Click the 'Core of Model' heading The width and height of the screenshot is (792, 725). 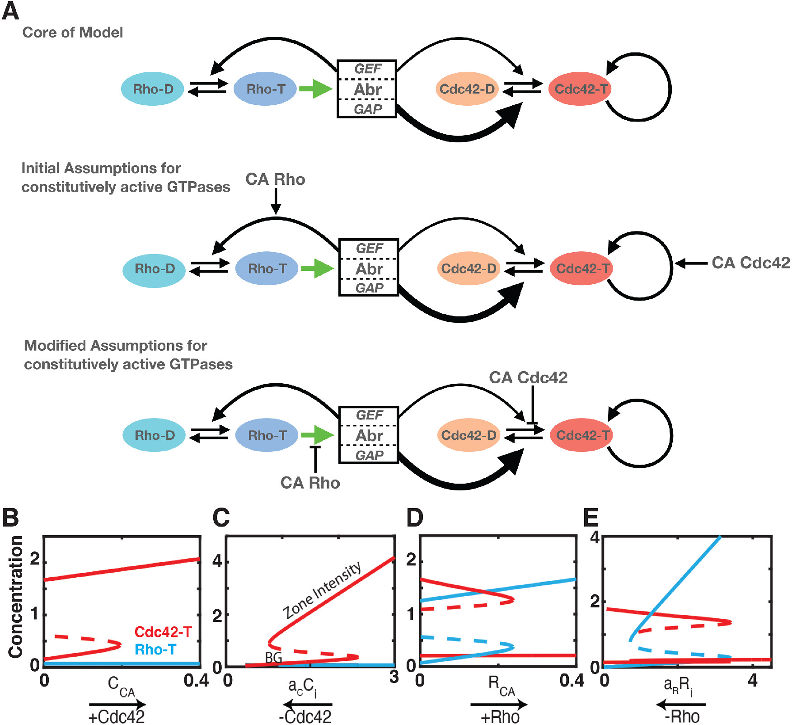tap(72, 33)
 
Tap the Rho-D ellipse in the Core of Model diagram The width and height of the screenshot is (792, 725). tap(153, 89)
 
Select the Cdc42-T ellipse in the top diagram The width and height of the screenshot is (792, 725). tap(581, 89)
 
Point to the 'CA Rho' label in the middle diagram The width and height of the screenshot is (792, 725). tap(275, 179)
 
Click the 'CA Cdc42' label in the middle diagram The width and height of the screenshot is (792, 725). tap(750, 263)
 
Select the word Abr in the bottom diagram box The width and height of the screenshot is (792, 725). tap(369, 436)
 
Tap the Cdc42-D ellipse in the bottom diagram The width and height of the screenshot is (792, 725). tap(469, 435)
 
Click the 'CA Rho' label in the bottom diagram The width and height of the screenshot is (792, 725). tap(310, 483)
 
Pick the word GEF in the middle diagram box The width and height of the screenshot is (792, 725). tap(369, 248)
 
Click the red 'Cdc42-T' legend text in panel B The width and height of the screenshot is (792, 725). tap(163, 631)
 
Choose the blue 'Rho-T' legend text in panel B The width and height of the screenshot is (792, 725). tap(155, 650)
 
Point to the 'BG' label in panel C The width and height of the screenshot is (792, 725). tap(273, 657)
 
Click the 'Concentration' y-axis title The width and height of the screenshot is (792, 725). tap(16, 597)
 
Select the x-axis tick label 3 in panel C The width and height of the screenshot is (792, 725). tap(394, 677)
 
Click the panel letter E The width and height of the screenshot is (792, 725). tap(591, 518)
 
